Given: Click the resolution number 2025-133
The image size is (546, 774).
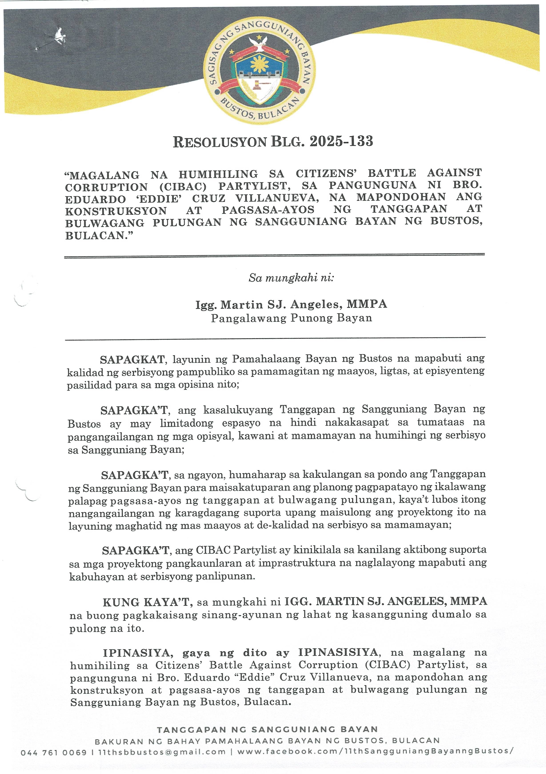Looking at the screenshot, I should pos(341,141).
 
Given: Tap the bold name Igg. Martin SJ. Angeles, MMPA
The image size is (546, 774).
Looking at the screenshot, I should pos(291,304).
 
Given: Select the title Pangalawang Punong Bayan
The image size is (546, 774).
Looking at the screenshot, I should pos(291,318).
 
